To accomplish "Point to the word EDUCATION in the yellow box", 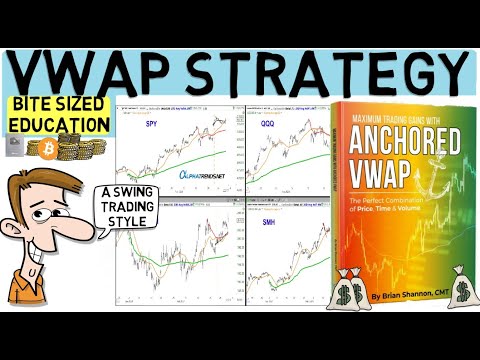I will pyautogui.click(x=59, y=126).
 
